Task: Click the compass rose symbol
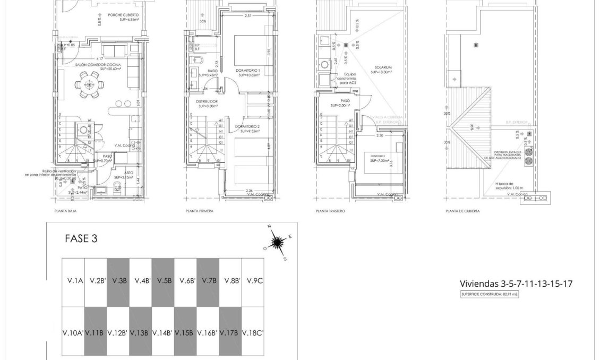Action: (277, 243)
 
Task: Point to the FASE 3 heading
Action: (81, 238)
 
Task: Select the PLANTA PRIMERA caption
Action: (200, 211)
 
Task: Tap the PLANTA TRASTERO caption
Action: (330, 211)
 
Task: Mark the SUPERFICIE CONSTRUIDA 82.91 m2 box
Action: (489, 294)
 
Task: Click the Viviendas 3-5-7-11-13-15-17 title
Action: (516, 284)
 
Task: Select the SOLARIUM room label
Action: (382, 68)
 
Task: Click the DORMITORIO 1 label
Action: (247, 70)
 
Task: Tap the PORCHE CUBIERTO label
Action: (123, 15)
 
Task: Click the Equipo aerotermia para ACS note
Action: (349, 78)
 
